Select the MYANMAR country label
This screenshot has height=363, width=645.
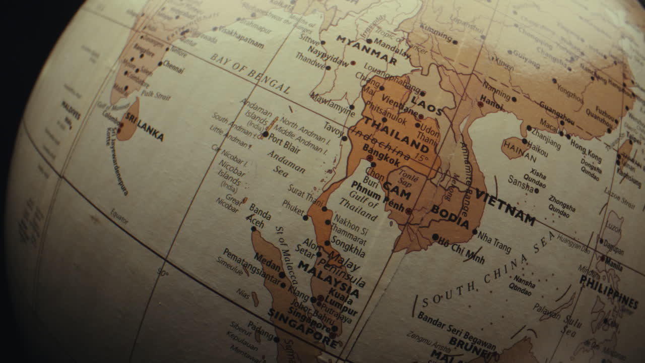(366, 49)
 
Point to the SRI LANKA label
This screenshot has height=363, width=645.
(145, 127)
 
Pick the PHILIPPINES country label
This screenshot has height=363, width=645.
(608, 291)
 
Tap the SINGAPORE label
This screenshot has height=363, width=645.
(302, 329)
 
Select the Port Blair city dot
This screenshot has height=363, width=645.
(265, 134)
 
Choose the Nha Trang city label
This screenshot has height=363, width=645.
(494, 243)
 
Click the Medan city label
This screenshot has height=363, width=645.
(267, 262)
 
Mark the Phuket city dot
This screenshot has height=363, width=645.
(305, 218)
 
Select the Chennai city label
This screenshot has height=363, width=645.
(173, 67)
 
